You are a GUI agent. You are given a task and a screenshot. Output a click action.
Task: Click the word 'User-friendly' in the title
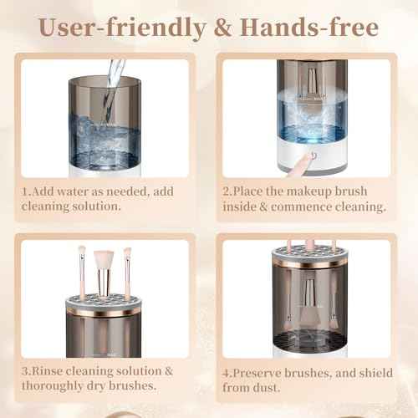click(123, 28)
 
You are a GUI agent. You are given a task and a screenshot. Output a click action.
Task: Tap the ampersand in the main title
click(223, 28)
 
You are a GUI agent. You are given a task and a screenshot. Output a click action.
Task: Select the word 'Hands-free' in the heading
click(309, 28)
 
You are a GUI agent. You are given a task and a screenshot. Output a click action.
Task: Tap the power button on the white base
click(314, 155)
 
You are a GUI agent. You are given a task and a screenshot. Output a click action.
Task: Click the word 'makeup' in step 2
click(309, 192)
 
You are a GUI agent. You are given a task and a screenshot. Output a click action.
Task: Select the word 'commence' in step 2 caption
click(301, 207)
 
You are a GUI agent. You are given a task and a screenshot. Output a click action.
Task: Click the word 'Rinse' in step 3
click(47, 371)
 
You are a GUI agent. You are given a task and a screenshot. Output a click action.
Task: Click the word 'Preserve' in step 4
click(257, 373)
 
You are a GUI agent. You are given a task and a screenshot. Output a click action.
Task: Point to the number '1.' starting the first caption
click(27, 191)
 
